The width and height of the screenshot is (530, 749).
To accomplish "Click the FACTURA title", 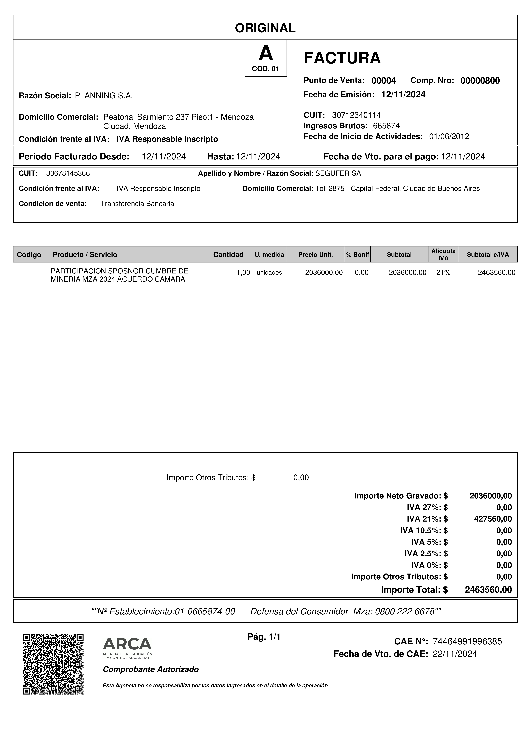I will [342, 58].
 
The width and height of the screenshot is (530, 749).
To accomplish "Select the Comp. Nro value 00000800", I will [480, 81].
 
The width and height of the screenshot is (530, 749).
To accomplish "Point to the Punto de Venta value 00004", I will [383, 81].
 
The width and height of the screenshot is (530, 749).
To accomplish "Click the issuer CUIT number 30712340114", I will [356, 115].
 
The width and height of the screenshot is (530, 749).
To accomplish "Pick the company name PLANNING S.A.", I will [104, 96].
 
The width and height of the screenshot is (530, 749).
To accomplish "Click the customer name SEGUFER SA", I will [338, 173].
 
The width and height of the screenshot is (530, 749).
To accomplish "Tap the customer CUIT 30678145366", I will [68, 173].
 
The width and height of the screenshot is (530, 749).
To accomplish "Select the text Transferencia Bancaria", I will [137, 204].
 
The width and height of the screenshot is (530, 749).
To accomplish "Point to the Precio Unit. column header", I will [315, 254].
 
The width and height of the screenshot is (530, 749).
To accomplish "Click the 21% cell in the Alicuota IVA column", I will [443, 272].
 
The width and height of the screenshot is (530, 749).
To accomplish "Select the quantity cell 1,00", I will [243, 272].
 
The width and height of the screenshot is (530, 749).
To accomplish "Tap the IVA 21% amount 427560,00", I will [493, 519].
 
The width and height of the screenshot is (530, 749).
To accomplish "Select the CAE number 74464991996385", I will [467, 641].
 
